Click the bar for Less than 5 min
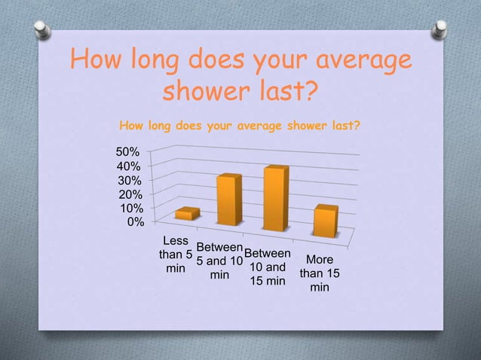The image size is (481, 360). coord(187,214)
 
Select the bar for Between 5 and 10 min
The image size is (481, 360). coord(229,200)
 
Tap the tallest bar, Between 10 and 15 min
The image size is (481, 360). coord(276,198)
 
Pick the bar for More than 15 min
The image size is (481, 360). coord(325,221)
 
